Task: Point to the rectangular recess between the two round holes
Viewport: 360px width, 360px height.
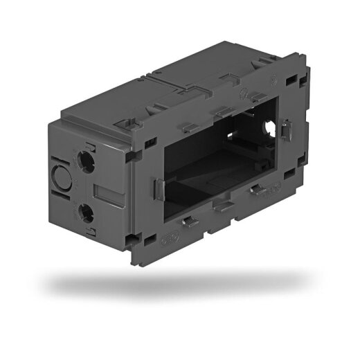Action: tap(101, 192)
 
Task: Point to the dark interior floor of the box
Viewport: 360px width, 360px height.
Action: tap(208, 173)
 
